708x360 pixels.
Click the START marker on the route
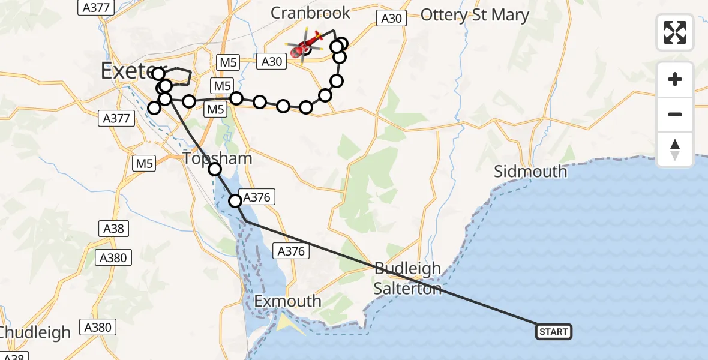point(553,332)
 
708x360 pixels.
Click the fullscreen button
point(675,32)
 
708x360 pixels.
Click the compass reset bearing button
point(675,149)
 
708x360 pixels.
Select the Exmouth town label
point(287,301)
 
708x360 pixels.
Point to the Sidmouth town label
point(530,172)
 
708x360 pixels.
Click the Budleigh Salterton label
point(407,278)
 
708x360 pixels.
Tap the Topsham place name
point(218,158)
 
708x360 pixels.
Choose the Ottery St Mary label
point(475,15)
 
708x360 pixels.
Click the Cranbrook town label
point(310,13)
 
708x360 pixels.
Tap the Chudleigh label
point(36,332)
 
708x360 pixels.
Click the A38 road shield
point(113,228)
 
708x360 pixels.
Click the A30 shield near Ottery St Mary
point(391,19)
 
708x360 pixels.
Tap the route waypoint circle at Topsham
point(215,170)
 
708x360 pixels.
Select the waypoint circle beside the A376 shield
point(235,200)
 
